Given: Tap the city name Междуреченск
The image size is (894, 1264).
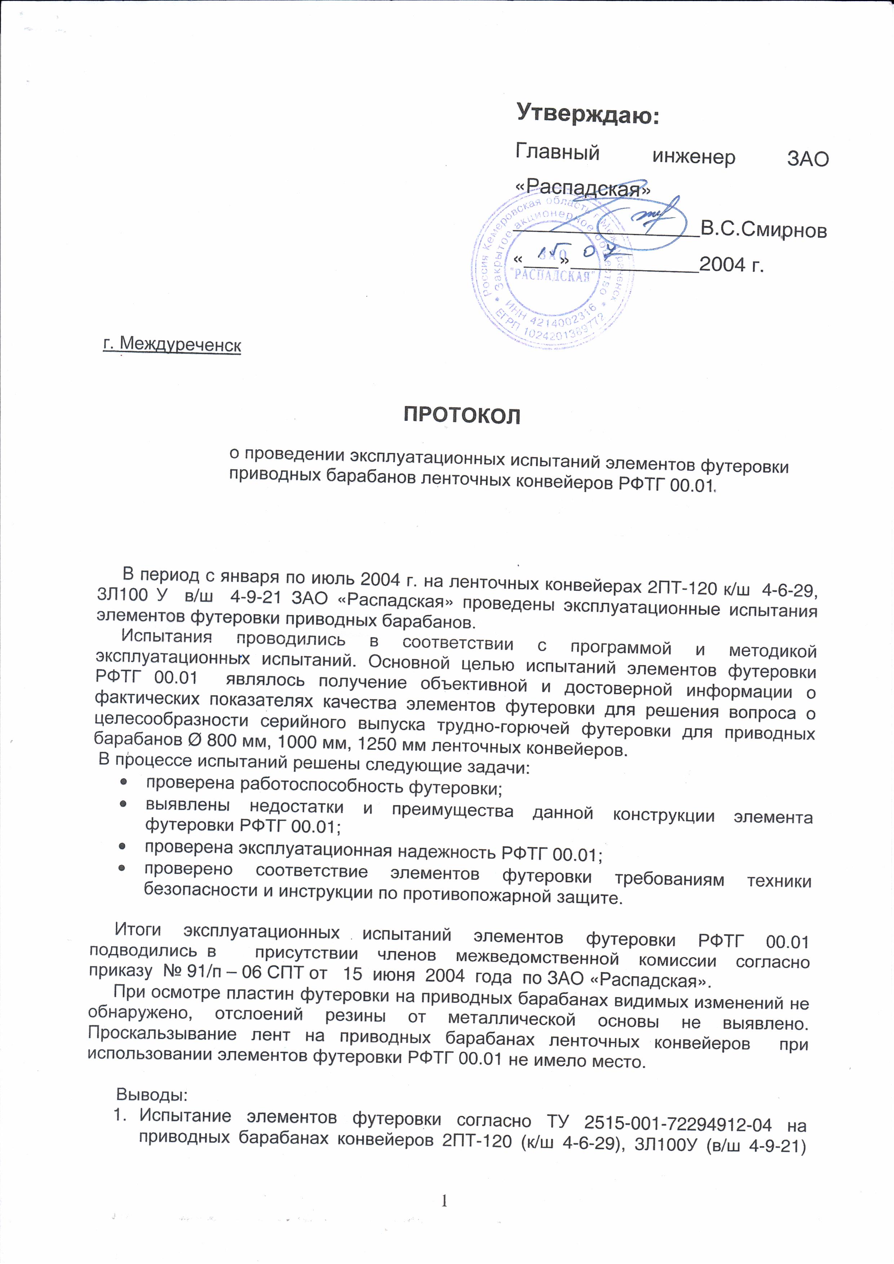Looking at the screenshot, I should [172, 344].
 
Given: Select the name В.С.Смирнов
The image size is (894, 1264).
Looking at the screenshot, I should [763, 230].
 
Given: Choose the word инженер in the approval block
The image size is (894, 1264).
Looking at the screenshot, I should [694, 157].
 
